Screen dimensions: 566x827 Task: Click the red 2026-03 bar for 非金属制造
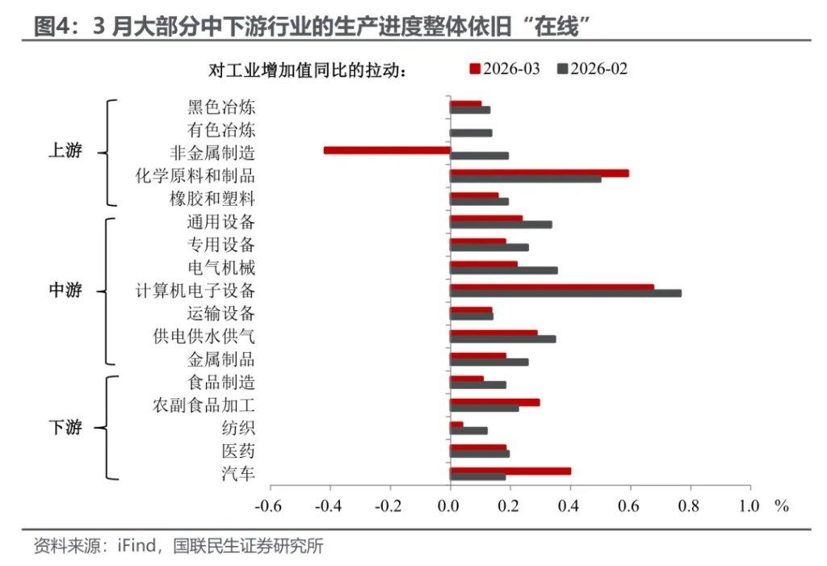pos(386,150)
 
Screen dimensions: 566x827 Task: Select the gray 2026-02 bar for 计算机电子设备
pos(565,293)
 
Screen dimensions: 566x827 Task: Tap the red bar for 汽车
pos(510,471)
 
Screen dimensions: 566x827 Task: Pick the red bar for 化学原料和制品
pos(539,173)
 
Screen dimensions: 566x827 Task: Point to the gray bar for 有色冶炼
pos(470,132)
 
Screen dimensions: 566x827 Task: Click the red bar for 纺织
pos(456,425)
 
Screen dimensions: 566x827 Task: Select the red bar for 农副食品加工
pos(494,402)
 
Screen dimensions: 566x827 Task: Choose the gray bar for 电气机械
pos(503,270)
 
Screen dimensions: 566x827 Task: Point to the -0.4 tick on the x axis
pos(330,506)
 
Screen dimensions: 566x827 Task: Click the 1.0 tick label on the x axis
pos(749,506)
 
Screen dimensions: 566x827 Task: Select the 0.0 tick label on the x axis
pos(448,506)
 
